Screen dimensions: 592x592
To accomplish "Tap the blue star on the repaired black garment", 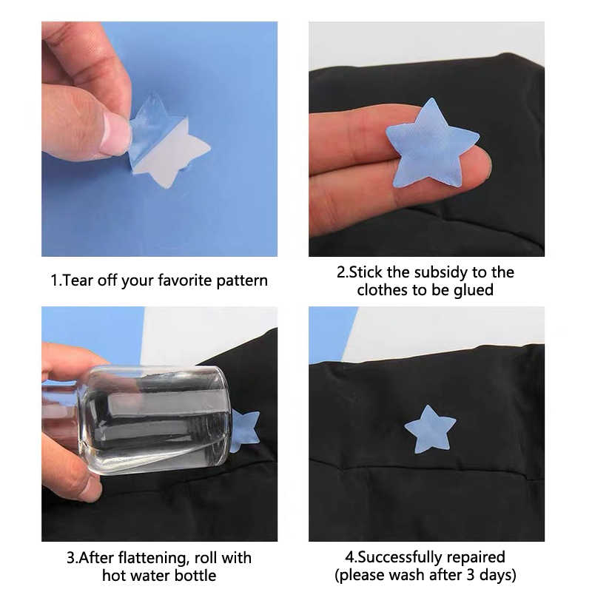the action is (x=430, y=431).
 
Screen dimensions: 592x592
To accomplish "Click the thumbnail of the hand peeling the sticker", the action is (x=114, y=133).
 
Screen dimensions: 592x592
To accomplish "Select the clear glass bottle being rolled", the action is (x=136, y=419).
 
